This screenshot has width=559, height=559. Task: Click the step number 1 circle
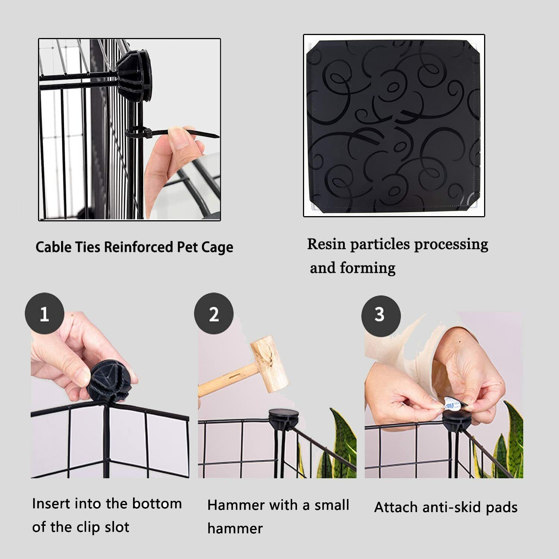pyautogui.click(x=44, y=314)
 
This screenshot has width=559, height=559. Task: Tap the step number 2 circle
pyautogui.click(x=214, y=314)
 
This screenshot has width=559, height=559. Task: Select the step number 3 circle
pyautogui.click(x=380, y=315)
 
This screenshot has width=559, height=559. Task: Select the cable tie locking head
pyautogui.click(x=147, y=132)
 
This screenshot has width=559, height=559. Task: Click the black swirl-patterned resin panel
pyautogui.click(x=394, y=126)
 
